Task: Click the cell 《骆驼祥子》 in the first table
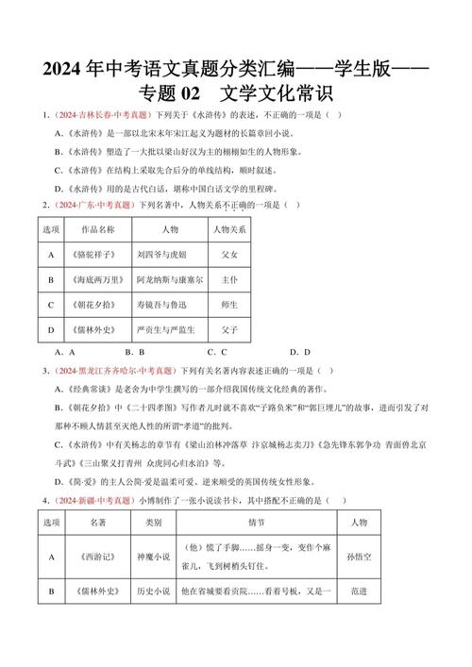tap(96, 255)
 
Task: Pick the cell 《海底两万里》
tap(96, 280)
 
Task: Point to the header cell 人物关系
tap(229, 229)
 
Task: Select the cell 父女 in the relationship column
tap(229, 255)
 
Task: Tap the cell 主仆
tap(229, 280)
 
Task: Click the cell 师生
tap(229, 306)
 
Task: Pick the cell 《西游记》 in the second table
tap(98, 558)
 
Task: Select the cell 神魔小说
tap(153, 558)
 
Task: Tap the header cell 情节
tap(257, 522)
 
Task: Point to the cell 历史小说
tap(153, 592)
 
